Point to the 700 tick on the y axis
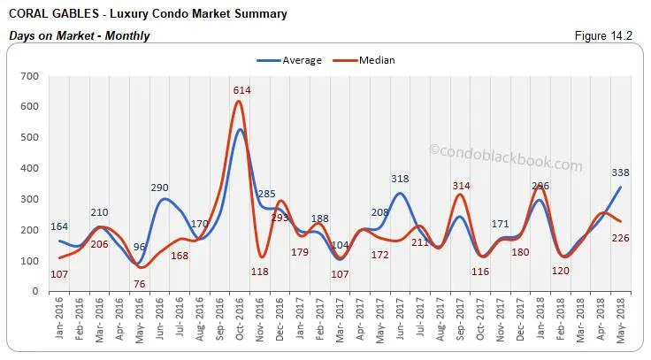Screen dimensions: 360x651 coord(29,77)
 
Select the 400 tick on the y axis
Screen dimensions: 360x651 coord(29,169)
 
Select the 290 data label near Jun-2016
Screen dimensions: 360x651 coord(160,188)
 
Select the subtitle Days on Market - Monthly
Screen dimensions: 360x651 coord(79,36)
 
